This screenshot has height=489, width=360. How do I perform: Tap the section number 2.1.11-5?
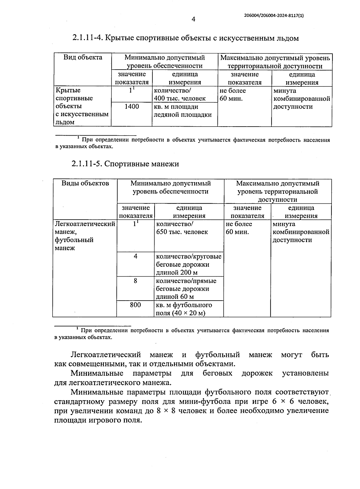[87, 164]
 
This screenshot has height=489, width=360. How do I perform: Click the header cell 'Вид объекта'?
[83, 57]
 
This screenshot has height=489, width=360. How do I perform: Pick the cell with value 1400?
[132, 106]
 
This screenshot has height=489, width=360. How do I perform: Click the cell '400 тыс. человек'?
[180, 98]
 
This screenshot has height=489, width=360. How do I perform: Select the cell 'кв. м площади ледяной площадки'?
[182, 111]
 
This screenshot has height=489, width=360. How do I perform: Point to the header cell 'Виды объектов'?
[85, 183]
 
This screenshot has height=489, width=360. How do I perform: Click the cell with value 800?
[135, 305]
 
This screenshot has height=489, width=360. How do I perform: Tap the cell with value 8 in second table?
[135, 281]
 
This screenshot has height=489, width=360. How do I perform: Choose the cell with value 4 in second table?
[135, 257]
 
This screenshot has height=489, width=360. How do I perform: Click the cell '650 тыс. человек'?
[182, 232]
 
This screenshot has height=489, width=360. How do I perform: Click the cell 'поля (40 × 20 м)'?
[180, 313]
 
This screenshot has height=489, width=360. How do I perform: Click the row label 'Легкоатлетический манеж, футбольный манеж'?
[85, 236]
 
